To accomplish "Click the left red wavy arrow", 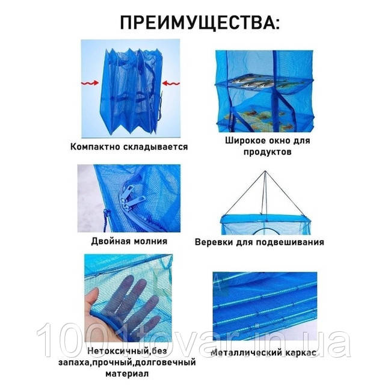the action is pyautogui.click(x=90, y=83).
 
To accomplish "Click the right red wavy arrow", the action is pyautogui.click(x=171, y=83).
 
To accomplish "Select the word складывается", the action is pyautogui.click(x=156, y=147).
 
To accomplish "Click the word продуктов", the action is pyautogui.click(x=268, y=152).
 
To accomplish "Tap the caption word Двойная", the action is pyautogui.click(x=111, y=241).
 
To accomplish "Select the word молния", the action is pyautogui.click(x=150, y=241).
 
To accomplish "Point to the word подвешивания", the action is pyautogui.click(x=289, y=242).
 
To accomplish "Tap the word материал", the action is pyautogui.click(x=127, y=374).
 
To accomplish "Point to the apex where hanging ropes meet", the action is pyautogui.click(x=265, y=171).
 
